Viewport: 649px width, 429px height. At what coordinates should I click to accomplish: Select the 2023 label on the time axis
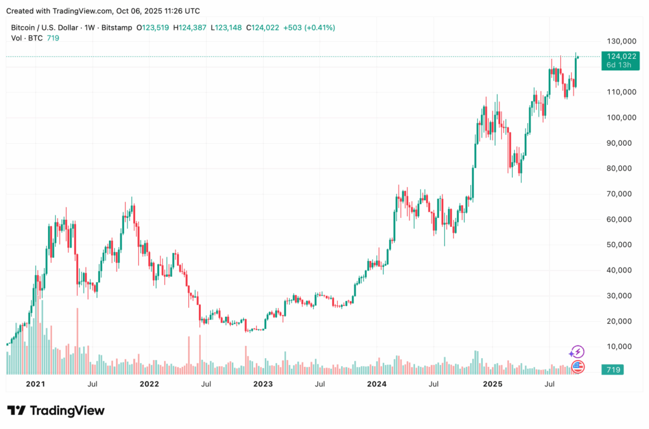[262, 384]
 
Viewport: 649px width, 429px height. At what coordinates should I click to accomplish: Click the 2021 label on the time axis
[35, 384]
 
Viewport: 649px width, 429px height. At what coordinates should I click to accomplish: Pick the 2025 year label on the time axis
[492, 384]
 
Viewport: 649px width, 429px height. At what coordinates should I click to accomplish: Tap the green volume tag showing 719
[614, 369]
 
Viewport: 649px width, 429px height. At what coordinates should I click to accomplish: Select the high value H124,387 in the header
[195, 27]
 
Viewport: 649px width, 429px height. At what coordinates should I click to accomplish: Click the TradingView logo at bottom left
[56, 411]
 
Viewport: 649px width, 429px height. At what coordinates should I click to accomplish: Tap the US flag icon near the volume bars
[577, 366]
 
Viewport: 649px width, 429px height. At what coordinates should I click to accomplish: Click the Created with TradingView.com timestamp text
[103, 11]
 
